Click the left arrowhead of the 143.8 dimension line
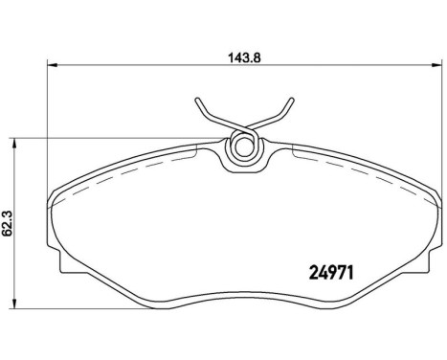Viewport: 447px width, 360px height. [x=53, y=66]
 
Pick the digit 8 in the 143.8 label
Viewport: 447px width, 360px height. [x=257, y=56]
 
